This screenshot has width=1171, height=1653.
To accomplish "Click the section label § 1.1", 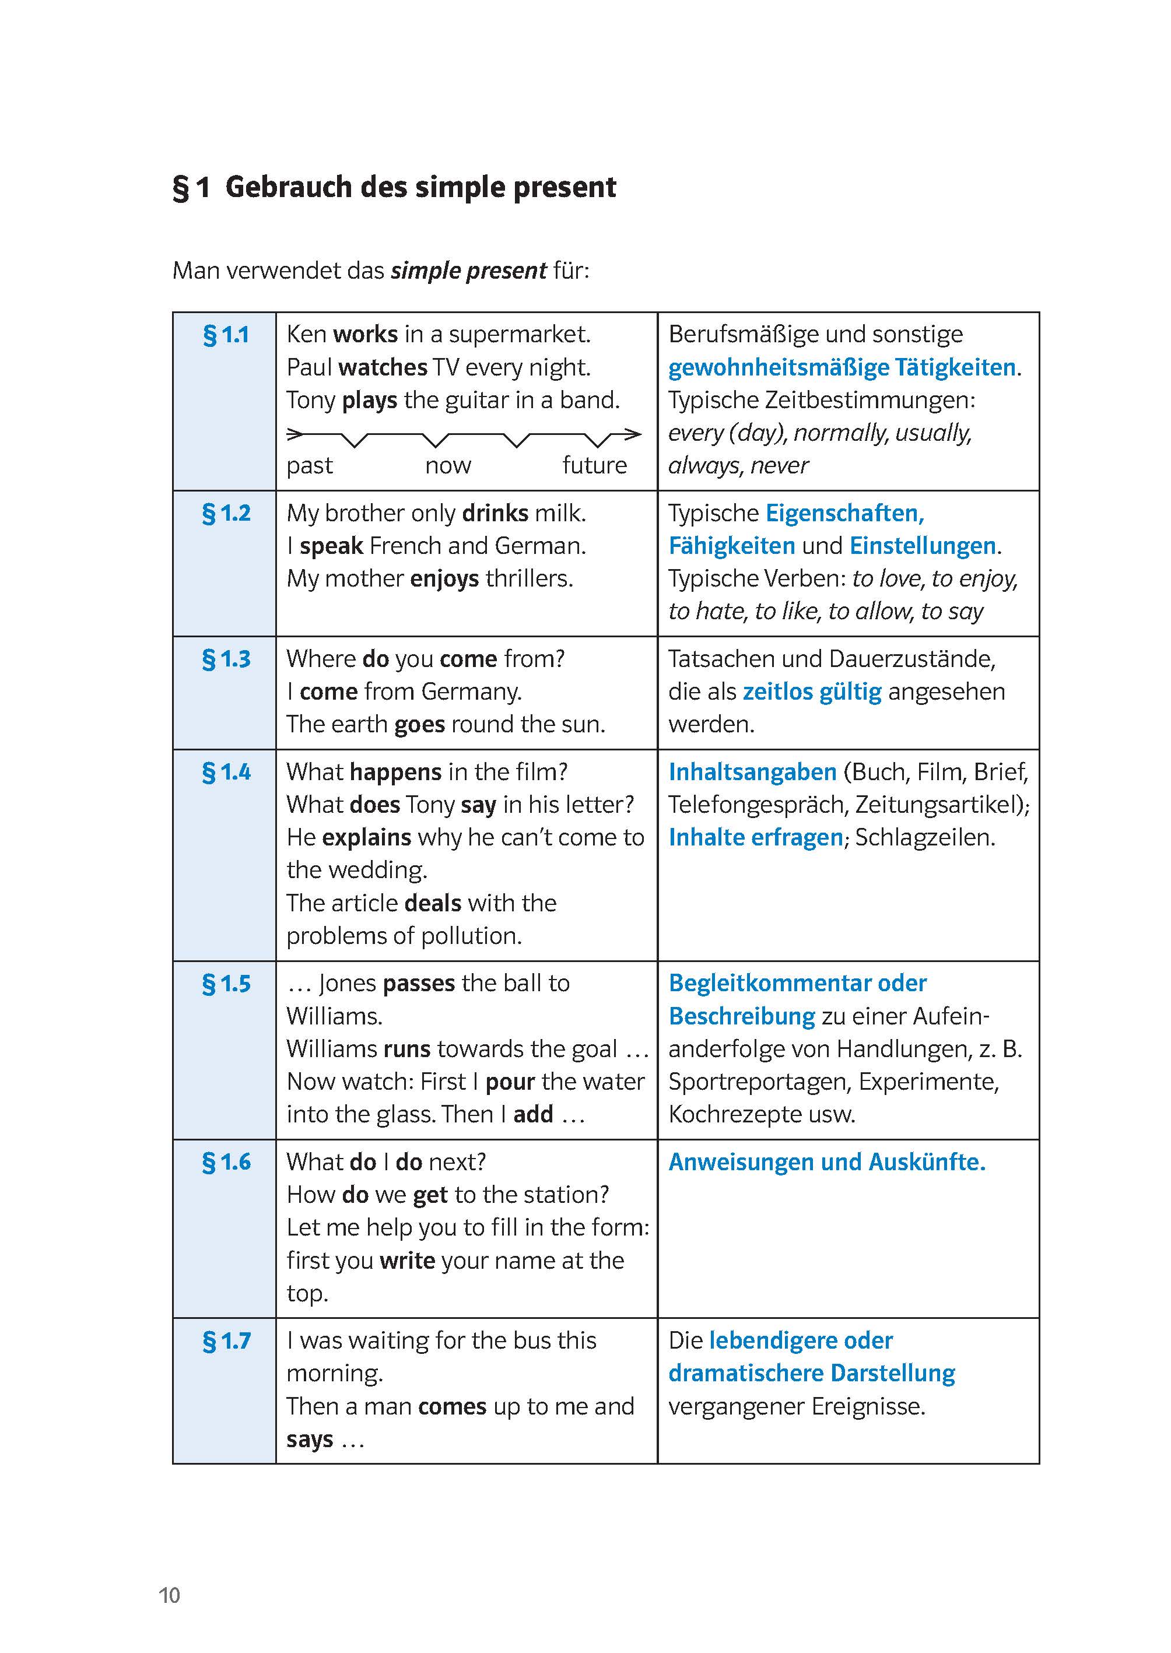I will tap(226, 335).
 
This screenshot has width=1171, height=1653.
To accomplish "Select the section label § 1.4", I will tap(226, 772).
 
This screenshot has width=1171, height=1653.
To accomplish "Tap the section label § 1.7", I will tap(226, 1341).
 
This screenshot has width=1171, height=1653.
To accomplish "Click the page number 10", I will tap(170, 1595).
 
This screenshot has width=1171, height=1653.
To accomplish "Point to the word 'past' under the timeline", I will tap(309, 466).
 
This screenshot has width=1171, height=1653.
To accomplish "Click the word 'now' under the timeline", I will tap(448, 466).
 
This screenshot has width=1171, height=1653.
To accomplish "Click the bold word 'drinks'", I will tap(495, 513).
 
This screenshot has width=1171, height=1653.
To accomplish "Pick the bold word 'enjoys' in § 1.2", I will tap(444, 579).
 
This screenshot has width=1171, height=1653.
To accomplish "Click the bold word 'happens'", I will tap(395, 772).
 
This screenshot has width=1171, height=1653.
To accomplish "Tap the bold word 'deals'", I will tap(433, 903).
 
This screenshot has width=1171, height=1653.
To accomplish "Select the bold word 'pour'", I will tap(510, 1082).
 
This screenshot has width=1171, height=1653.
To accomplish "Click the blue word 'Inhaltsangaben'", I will tap(752, 772).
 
